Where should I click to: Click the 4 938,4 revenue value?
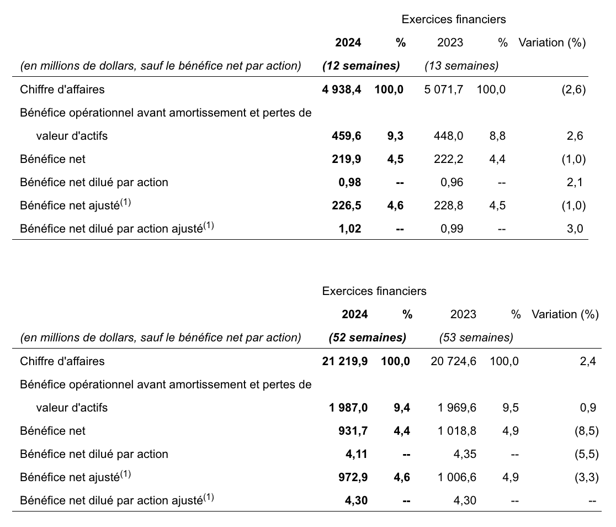341,89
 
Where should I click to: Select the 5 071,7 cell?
444,89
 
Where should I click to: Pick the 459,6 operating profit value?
347,136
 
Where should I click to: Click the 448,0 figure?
449,136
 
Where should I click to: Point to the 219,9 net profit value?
347,159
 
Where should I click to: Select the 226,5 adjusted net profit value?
347,205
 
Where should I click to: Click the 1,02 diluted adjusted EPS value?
350,229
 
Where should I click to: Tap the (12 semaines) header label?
361,66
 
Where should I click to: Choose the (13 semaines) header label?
461,66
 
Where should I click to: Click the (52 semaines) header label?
368,338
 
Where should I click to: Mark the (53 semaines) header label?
476,338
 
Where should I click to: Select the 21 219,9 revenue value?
345,361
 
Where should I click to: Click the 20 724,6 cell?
453,361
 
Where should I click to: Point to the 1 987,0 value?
348,408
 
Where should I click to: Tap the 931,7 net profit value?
353,431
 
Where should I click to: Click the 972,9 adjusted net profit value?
353,477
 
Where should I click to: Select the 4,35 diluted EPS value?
465,454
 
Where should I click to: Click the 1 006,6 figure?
457,477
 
